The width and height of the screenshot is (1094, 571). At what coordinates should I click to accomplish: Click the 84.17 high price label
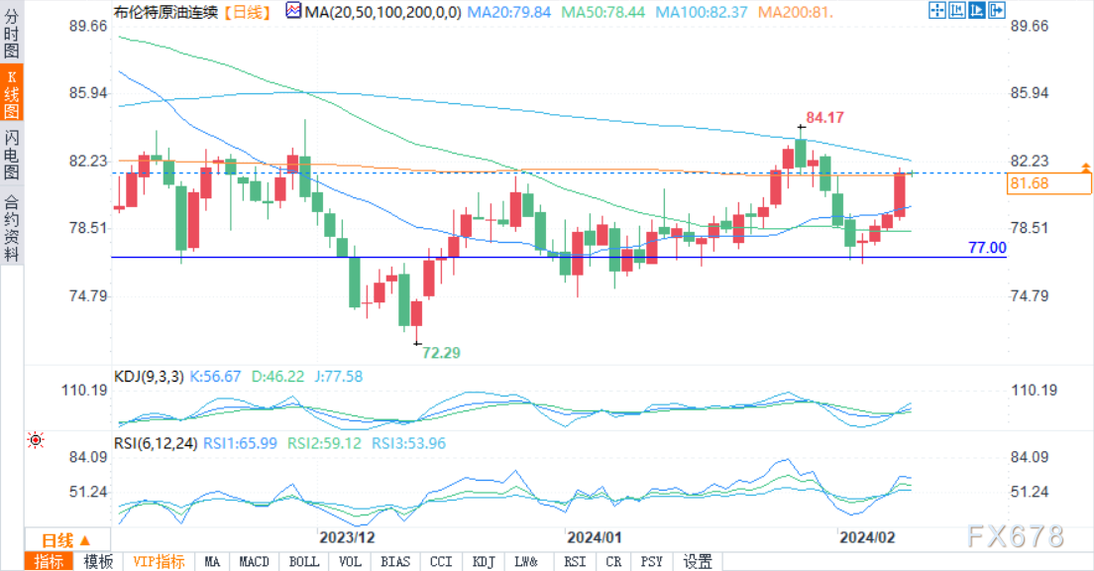[824, 117]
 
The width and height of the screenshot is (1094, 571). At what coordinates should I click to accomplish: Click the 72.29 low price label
[442, 352]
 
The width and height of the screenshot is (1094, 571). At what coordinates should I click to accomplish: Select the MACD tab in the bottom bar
[254, 562]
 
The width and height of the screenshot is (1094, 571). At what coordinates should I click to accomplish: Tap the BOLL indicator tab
[304, 562]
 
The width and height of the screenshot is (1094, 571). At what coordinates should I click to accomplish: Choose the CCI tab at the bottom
[441, 562]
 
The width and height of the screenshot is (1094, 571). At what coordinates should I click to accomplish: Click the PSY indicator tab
[650, 562]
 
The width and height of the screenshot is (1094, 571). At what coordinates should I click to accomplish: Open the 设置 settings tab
[698, 562]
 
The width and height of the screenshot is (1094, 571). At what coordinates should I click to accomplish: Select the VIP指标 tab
[159, 562]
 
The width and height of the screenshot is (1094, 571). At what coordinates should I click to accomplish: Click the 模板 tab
[98, 562]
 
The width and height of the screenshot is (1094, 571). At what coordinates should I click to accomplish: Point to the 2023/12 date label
[347, 537]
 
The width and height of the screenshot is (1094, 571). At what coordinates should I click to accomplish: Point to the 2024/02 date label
[867, 537]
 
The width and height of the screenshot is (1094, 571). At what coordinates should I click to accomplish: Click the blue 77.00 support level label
[986, 248]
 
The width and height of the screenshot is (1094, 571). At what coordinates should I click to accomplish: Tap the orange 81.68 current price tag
[1029, 183]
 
